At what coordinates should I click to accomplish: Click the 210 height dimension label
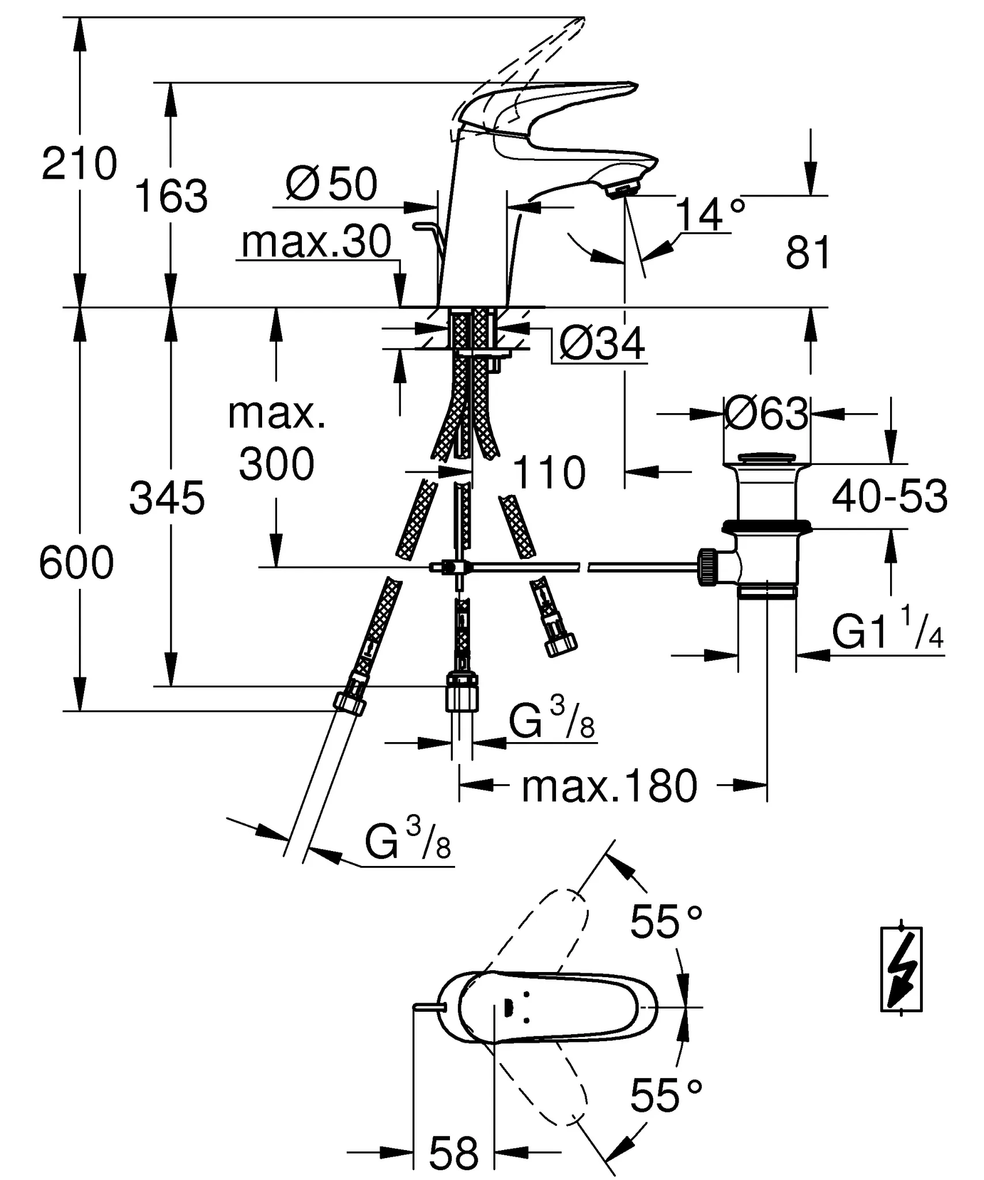80,164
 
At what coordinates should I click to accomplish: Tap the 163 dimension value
171,196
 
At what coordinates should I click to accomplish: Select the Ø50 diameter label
331,184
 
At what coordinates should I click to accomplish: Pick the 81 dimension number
808,252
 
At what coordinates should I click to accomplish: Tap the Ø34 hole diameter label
602,344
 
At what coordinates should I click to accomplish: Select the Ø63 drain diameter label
767,413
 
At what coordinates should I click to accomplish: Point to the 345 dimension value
167,498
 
